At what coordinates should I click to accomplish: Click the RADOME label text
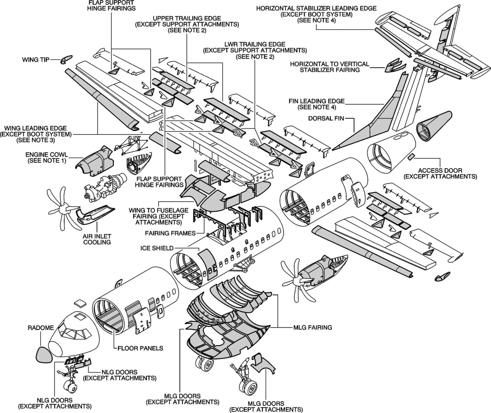tap(41, 328)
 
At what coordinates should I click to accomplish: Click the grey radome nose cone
tap(44, 355)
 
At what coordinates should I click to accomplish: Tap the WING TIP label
tap(36, 59)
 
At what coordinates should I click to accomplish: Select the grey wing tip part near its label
tap(66, 59)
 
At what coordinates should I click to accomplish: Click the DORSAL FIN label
tap(326, 118)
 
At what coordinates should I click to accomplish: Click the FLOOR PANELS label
tap(140, 348)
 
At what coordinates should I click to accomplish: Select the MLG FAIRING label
tap(313, 327)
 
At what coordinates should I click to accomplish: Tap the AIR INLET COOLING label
tap(97, 239)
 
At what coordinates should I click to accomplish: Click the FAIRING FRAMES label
tap(170, 233)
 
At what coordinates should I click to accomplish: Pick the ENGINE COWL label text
tap(47, 155)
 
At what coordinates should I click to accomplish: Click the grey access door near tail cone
tap(411, 156)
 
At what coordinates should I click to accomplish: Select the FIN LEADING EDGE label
tap(316, 101)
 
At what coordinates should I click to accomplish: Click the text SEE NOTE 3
tap(36, 140)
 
